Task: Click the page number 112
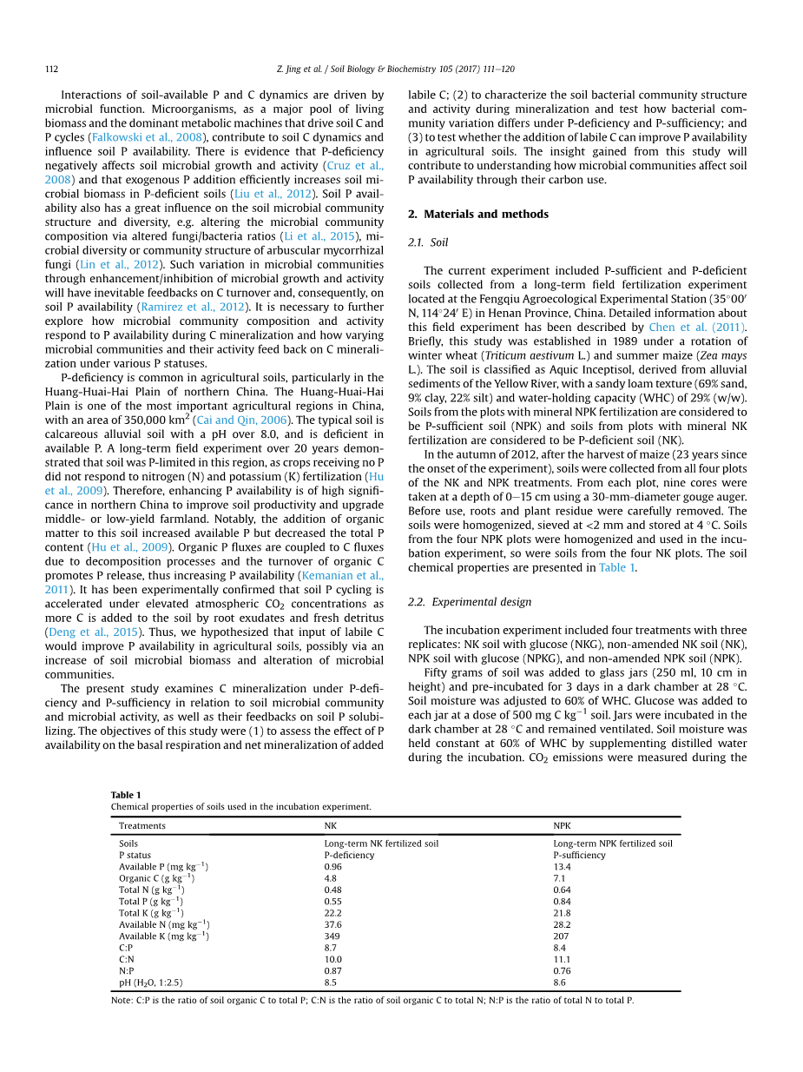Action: [51, 69]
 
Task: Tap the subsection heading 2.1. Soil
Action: [428, 242]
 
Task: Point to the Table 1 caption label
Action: [125, 795]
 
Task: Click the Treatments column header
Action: [142, 825]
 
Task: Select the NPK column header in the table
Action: [562, 825]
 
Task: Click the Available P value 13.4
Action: [562, 867]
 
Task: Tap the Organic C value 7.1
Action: [559, 878]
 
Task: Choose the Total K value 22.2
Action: [332, 913]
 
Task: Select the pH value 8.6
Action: [559, 983]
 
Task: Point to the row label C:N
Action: [126, 959]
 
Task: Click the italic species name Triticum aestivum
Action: [534, 355]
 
